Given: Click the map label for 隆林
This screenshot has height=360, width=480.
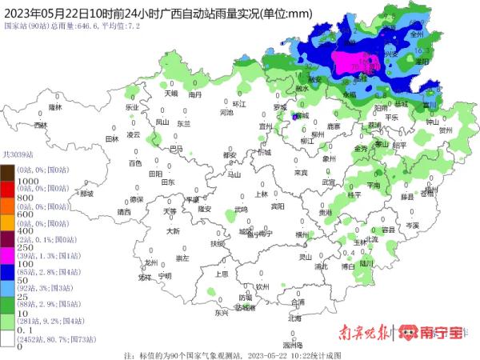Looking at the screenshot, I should tap(55, 106).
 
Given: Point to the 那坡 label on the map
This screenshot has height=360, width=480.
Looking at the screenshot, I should tap(86, 194).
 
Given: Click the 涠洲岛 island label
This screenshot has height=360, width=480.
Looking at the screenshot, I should tap(293, 344).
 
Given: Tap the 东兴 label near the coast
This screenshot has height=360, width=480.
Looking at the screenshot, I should tap(222, 313).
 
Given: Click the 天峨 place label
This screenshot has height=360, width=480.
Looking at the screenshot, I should tap(171, 94).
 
